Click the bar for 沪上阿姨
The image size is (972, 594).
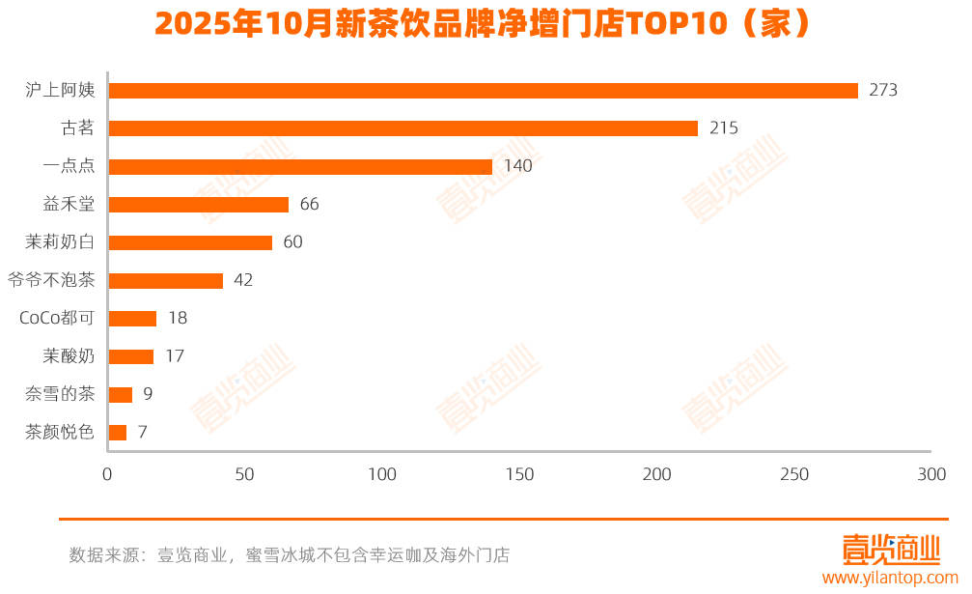tap(483, 91)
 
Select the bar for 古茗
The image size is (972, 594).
tap(403, 128)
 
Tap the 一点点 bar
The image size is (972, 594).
tap(300, 166)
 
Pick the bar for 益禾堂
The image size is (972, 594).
tap(198, 205)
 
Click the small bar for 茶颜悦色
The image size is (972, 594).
tap(118, 433)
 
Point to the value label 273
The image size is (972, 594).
tap(883, 91)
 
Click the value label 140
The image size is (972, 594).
tap(518, 166)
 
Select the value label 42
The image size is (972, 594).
tap(243, 281)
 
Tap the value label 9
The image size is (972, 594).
tap(147, 394)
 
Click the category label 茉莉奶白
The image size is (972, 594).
tap(60, 242)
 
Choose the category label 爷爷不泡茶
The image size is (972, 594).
tap(51, 281)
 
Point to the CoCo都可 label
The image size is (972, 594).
tap(57, 319)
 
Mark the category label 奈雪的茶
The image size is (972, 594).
tap(60, 394)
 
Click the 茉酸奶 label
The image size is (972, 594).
tap(69, 356)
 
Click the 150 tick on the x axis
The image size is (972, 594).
tap(519, 475)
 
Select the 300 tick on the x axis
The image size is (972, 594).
tap(931, 475)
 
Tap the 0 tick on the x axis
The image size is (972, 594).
tap(107, 475)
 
